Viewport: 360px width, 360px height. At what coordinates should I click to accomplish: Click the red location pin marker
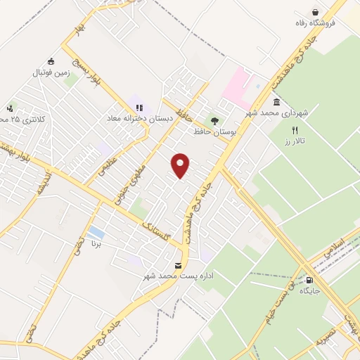181,165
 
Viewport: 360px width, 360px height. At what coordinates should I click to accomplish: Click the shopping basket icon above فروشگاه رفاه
315,11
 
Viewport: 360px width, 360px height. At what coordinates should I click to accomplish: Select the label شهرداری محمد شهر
277,112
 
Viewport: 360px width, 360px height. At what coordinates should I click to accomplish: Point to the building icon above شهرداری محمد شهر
277,103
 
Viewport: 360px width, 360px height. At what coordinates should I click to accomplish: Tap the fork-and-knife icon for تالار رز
295,130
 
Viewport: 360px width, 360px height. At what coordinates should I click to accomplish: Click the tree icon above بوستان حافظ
214,121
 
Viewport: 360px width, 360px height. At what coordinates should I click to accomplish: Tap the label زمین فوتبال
51,72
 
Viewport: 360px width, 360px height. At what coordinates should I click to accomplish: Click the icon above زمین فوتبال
50,61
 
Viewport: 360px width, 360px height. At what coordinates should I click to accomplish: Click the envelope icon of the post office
177,265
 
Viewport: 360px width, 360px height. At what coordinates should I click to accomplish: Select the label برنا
96,244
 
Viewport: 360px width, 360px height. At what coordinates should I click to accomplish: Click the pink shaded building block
237,84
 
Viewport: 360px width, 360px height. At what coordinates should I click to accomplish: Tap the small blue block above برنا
96,232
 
